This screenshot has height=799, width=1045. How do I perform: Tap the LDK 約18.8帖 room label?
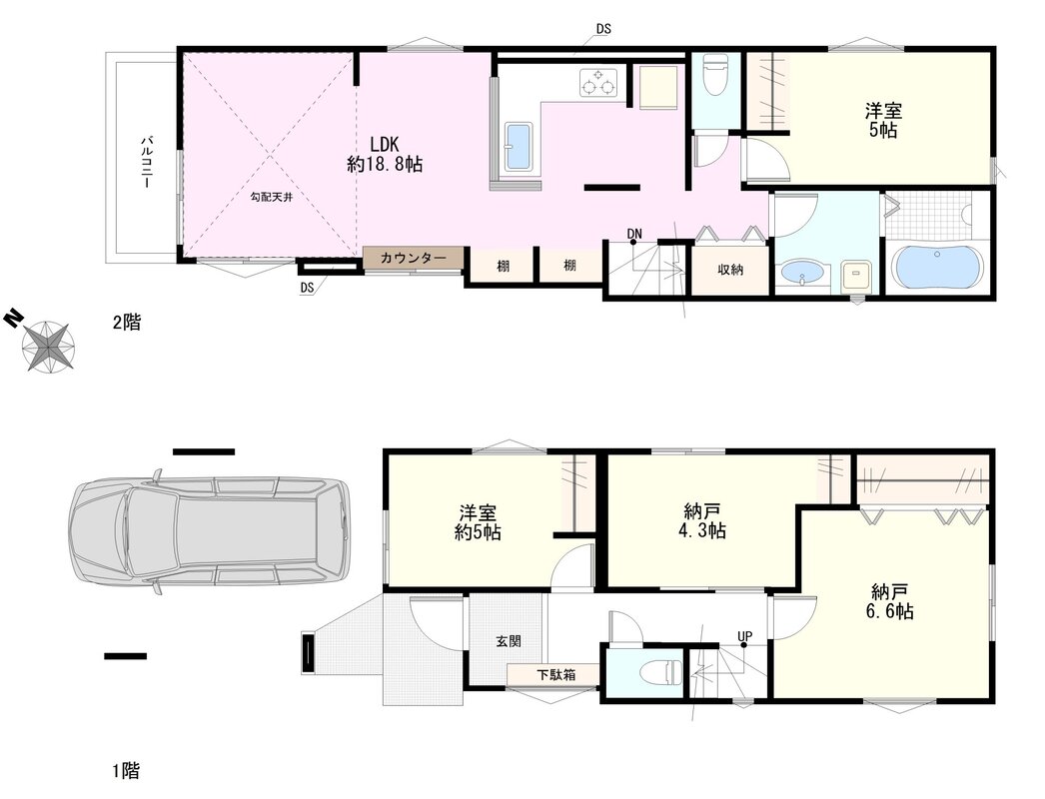coord(385,155)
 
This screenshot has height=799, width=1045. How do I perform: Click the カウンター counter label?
coord(414,259)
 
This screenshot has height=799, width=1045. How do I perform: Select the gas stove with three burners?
coord(596,83)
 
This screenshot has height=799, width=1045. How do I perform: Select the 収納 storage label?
coord(730,270)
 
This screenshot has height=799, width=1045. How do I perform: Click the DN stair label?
coord(633,234)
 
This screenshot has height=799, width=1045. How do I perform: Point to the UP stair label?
coord(744,636)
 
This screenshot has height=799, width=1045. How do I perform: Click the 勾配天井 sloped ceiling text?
coord(272,197)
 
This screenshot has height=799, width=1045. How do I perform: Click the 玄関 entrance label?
coord(509,641)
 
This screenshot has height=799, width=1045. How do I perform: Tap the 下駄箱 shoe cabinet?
coord(555,674)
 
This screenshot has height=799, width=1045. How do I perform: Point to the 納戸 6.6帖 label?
coord(890,602)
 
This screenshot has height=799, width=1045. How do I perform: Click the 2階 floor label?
coord(126,323)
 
